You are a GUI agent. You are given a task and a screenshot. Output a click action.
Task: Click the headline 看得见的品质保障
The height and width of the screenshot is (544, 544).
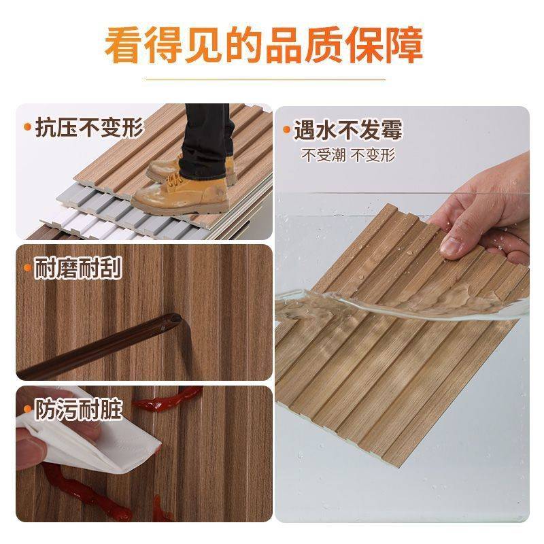264,45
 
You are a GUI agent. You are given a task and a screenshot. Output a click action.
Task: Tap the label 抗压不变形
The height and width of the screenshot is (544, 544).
90,128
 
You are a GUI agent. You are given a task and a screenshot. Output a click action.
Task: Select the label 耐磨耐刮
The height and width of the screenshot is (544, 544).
78,269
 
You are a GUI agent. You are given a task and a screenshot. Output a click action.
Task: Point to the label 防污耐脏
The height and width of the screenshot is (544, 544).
78,409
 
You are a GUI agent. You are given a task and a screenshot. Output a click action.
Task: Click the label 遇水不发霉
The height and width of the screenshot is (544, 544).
348,130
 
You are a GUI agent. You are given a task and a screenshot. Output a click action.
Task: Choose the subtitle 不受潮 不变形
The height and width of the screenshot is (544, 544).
348,155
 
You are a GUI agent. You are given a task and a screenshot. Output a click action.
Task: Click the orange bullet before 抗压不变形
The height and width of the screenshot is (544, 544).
28,127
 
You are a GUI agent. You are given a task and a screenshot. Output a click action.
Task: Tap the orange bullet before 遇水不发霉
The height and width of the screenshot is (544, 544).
286,130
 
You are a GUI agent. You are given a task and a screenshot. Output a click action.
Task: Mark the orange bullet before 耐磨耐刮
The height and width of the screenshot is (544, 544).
27,267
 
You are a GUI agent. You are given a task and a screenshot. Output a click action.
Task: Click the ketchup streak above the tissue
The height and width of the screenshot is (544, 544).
168,399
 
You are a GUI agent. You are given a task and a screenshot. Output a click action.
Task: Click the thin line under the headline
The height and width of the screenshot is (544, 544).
265,80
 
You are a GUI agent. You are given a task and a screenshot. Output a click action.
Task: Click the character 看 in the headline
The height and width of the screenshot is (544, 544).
124,46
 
